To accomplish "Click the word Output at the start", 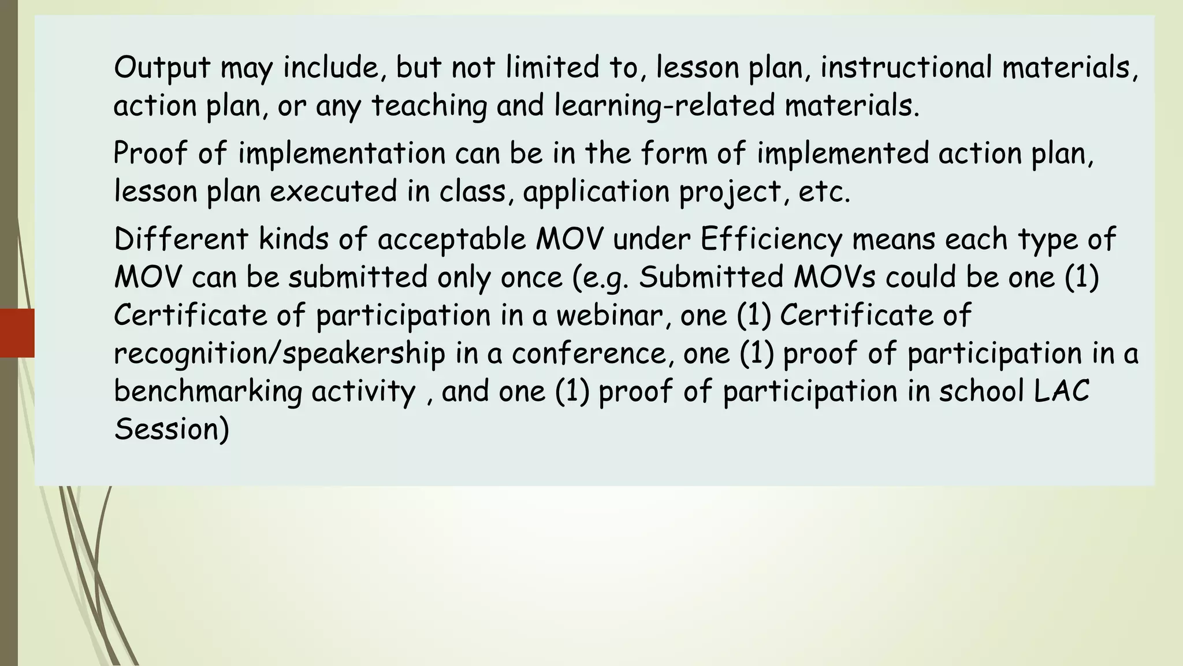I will coord(162,68).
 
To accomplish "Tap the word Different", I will coord(181,239).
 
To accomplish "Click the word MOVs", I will coord(835,277).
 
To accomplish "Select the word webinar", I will coord(609,315).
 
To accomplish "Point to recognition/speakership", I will coord(280,353).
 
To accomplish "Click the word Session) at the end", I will coord(172,430).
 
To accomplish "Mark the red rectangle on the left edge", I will coord(17,333).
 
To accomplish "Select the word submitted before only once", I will coord(358,277).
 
